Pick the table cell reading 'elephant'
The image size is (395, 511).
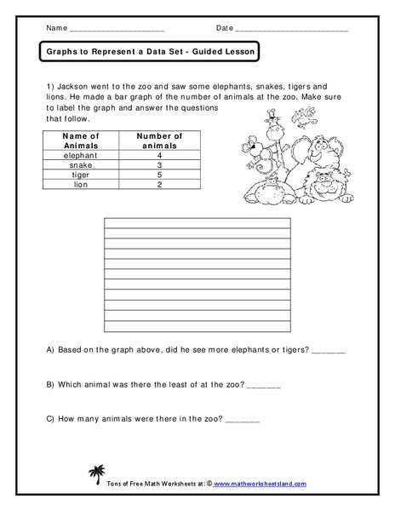(83, 155)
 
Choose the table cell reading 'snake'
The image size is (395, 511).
(83, 164)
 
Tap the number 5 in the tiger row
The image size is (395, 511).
(159, 174)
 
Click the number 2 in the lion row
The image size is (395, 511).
(159, 184)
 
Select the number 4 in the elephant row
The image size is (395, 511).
(159, 155)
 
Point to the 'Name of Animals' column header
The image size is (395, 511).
(83, 141)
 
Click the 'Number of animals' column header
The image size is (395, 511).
(159, 141)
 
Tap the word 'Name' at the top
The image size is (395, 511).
(56, 28)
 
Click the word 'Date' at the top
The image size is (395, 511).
(225, 28)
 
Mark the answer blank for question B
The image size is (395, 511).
(263, 384)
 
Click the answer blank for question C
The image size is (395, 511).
(243, 419)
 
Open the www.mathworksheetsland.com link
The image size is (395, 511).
(259, 483)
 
